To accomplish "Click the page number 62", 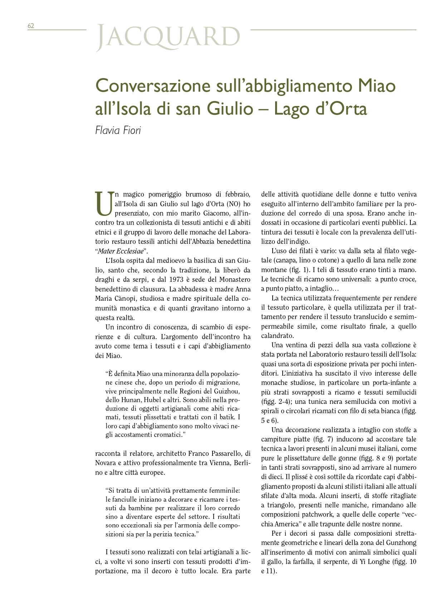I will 31,26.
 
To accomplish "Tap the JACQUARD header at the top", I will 168,37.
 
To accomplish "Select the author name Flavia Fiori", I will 118,130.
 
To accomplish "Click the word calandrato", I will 277,336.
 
